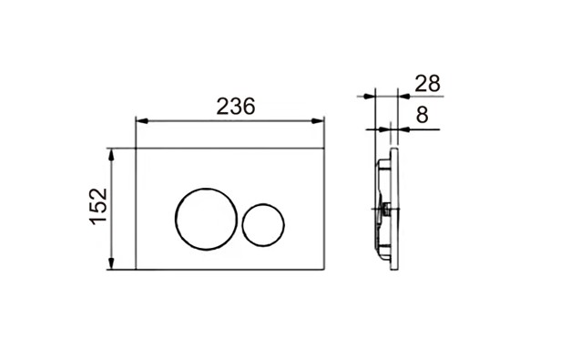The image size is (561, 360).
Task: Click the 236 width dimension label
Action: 236,107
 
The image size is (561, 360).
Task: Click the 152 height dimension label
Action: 98,207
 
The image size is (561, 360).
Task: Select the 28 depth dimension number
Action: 427,84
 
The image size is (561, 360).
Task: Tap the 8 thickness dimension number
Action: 423,115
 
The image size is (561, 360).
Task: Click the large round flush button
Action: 175,219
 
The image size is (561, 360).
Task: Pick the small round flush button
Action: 242,225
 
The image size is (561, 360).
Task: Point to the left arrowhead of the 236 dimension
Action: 142,121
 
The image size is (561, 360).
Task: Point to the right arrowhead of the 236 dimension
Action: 318,121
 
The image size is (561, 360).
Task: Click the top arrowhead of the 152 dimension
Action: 111,155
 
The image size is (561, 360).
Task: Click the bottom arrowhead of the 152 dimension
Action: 111,262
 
